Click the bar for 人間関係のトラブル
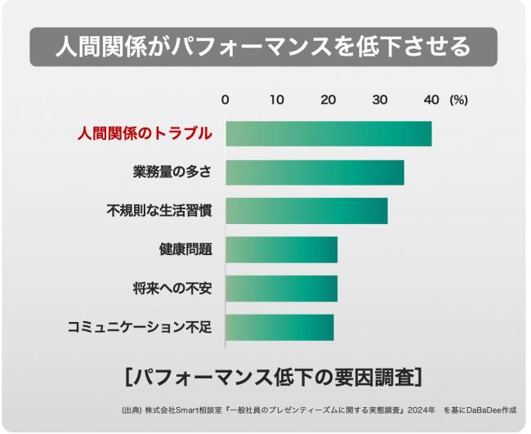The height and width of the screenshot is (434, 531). point(328,133)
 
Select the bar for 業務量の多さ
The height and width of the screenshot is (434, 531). point(315,172)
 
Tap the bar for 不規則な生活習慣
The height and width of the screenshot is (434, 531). point(306,211)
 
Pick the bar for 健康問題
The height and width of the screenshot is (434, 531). point(281,250)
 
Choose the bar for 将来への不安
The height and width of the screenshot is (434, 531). point(281,289)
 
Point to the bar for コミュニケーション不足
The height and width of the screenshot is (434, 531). point(279,327)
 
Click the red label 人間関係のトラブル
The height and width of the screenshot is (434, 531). point(145,133)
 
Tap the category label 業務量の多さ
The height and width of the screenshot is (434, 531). point(172,172)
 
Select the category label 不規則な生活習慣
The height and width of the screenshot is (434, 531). point(159,211)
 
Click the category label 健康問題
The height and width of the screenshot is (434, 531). point(185,250)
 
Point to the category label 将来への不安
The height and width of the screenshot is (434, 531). point(172,289)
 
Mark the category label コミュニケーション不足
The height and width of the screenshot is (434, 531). point(140,327)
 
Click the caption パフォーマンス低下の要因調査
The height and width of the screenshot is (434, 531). point(274,377)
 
